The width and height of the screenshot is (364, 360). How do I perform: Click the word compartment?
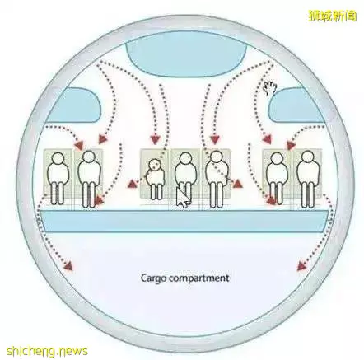coord(199,278)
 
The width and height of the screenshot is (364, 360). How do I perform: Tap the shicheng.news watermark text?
coord(47,351)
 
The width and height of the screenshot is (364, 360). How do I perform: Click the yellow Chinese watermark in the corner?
coord(332,16)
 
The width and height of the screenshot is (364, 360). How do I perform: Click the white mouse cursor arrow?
coord(183,198)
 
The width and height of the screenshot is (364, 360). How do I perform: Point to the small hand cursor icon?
coord(270,88)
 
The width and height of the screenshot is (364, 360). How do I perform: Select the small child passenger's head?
coord(154,165)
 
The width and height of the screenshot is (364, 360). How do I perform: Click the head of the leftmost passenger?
coord(58,159)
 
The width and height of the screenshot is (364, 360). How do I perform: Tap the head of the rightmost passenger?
coord(307,157)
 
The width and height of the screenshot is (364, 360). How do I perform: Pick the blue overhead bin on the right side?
coord(297,105)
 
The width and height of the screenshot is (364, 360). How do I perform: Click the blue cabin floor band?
coord(184,222)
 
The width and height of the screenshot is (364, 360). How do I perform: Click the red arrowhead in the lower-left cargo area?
coord(68,266)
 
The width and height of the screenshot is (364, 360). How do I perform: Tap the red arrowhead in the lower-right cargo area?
coord(302,266)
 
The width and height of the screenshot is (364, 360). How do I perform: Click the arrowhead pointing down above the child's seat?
coord(156,140)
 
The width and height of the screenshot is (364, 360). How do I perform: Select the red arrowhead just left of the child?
coord(133,184)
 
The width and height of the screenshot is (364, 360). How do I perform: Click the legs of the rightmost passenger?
coord(307,194)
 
